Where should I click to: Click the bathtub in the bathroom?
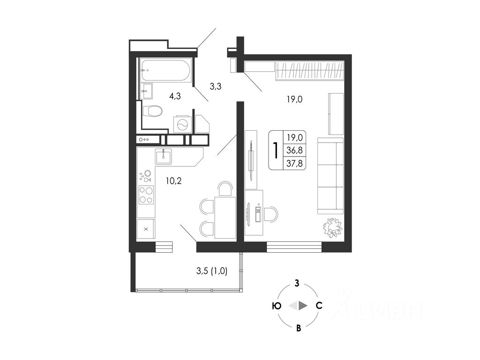(x=165, y=70)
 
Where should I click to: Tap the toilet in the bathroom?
(x=152, y=112)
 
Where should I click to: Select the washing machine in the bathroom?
(x=182, y=124)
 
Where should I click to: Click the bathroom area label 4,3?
(x=175, y=96)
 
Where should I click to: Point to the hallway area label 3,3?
(x=216, y=86)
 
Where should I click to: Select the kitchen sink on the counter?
(x=164, y=156)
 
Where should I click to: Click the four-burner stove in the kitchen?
(x=146, y=195)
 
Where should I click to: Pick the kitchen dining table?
(x=225, y=217)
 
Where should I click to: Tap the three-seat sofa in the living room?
(x=330, y=176)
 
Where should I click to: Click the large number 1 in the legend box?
(x=276, y=150)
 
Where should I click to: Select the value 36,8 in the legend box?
(x=295, y=150)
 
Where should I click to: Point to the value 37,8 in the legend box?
(x=295, y=163)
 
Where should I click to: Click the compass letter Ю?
(x=277, y=306)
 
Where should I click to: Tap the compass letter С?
(x=319, y=306)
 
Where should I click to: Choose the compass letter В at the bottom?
(x=298, y=328)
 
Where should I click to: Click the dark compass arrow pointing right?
(x=303, y=306)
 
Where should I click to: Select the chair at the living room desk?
(x=270, y=214)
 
